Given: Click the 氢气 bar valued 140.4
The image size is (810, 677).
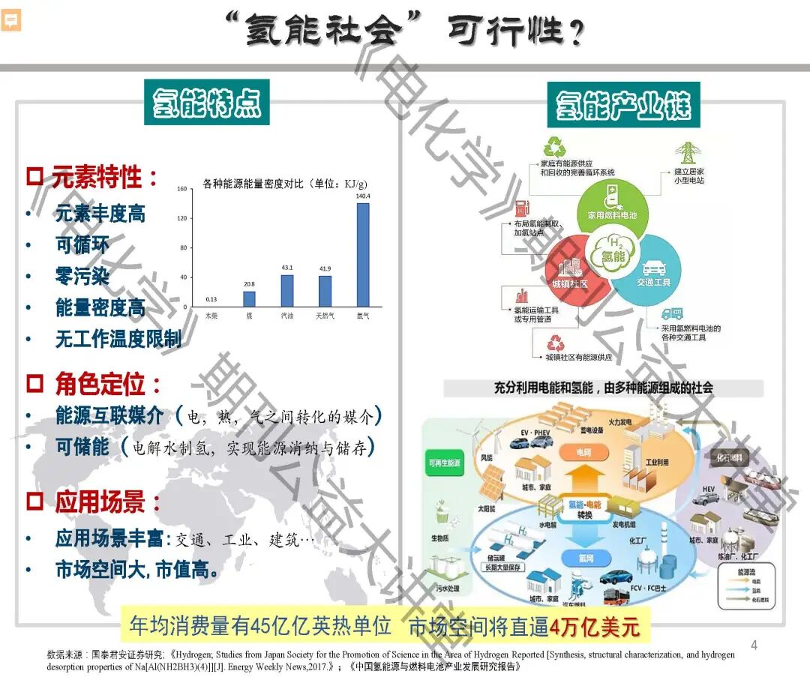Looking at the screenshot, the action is (x=362, y=255).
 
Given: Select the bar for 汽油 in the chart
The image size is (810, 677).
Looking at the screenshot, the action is (x=287, y=291).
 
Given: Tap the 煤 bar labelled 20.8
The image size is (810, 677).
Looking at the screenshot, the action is (x=249, y=299).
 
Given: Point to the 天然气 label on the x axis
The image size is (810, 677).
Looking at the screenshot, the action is (x=325, y=316).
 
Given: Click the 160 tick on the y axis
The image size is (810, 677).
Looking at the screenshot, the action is (x=181, y=190).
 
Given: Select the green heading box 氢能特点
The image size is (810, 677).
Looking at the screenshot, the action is (x=207, y=103).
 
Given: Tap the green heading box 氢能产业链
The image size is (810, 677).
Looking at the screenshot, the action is (x=624, y=104).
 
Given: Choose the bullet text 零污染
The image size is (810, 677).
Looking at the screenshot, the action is (x=82, y=276).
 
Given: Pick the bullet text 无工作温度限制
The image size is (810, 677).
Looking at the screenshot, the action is (x=118, y=339).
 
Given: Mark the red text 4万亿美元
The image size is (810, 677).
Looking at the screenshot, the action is (x=595, y=627).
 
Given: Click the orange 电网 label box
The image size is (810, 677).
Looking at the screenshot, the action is (x=583, y=453).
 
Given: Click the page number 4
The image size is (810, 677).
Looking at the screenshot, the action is (x=754, y=645).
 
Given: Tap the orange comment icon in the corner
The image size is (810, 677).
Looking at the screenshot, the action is (x=11, y=20).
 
